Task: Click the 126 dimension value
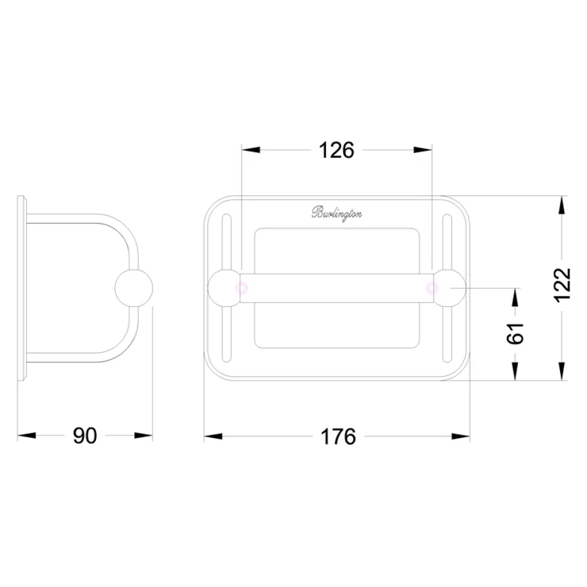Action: coord(336,151)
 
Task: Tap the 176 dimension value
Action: coord(339,436)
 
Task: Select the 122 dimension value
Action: coord(562,286)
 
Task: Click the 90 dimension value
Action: coord(85,435)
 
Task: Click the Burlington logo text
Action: coord(336,213)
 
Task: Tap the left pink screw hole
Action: coord(241,288)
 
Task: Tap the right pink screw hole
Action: coord(432,288)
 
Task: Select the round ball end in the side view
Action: coord(133,288)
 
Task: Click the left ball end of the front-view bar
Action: coord(224,288)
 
